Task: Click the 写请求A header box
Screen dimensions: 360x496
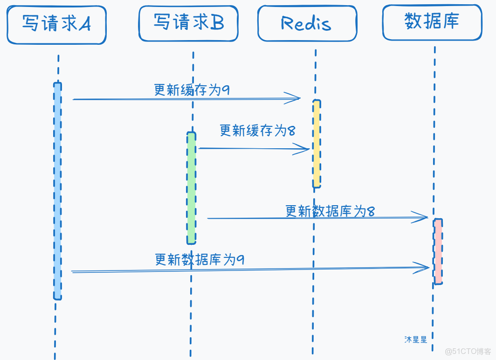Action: pyautogui.click(x=56, y=25)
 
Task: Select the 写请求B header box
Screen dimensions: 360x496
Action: pyautogui.click(x=188, y=22)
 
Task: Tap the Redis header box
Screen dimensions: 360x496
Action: pyautogui.click(x=307, y=23)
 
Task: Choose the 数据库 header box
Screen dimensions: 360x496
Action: pyautogui.click(x=432, y=21)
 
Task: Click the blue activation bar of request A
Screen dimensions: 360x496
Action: pyautogui.click(x=57, y=191)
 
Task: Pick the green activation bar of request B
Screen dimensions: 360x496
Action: pyautogui.click(x=191, y=188)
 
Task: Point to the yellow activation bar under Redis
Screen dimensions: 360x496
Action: pyautogui.click(x=317, y=144)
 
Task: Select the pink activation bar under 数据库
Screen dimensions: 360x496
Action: pyautogui.click(x=438, y=251)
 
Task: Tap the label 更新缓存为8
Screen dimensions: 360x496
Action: pyautogui.click(x=257, y=131)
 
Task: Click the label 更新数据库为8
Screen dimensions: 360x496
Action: pyautogui.click(x=330, y=211)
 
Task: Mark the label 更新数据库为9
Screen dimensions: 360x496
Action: pyautogui.click(x=200, y=259)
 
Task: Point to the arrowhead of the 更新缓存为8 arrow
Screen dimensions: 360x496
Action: pyautogui.click(x=304, y=149)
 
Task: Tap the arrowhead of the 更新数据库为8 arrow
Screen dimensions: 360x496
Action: pyautogui.click(x=422, y=217)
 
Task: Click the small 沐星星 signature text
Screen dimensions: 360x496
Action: pyautogui.click(x=415, y=340)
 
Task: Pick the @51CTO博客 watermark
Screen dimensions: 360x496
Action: pyautogui.click(x=468, y=351)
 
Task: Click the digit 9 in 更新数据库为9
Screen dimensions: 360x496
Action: pyautogui.click(x=241, y=259)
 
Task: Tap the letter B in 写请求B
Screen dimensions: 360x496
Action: pyautogui.click(x=217, y=22)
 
